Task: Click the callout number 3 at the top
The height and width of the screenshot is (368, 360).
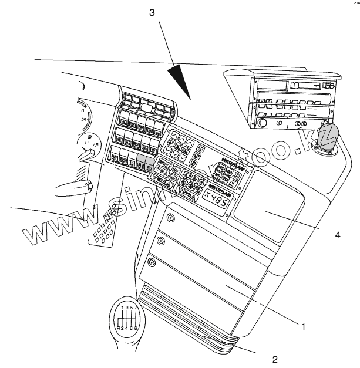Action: (x=152, y=12)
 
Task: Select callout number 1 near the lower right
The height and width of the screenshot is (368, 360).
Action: (x=303, y=325)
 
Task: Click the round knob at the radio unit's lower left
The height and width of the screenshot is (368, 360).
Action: (x=262, y=124)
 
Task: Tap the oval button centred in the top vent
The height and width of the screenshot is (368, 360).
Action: (x=144, y=108)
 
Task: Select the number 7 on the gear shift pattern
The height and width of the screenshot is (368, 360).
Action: (x=136, y=307)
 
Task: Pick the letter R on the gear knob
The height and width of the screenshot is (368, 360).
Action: (x=119, y=328)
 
